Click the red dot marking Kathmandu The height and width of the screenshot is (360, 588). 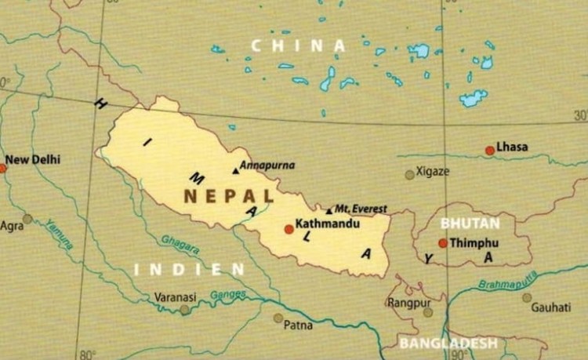(x=289, y=229)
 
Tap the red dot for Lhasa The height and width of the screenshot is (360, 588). (x=490, y=150)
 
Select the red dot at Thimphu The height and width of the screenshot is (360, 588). (x=443, y=243)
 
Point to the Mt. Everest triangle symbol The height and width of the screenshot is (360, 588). (x=328, y=210)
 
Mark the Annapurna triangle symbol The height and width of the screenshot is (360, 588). (x=234, y=170)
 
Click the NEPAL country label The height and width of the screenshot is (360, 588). (x=228, y=196)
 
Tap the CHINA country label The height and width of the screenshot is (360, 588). (x=298, y=45)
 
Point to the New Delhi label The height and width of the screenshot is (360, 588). (x=33, y=160)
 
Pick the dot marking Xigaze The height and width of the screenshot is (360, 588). (x=409, y=174)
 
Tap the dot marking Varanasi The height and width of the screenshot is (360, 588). (x=184, y=310)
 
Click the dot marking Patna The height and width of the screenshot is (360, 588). (x=278, y=318)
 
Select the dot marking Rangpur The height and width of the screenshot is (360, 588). (x=428, y=312)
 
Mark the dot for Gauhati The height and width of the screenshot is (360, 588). (x=527, y=297)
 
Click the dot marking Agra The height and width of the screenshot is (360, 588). (x=27, y=219)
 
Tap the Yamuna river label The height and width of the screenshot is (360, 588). (x=59, y=233)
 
